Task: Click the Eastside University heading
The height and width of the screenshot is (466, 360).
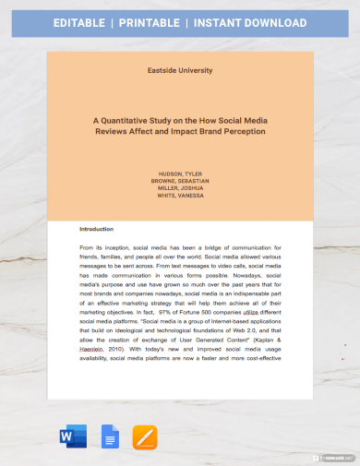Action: coord(179,70)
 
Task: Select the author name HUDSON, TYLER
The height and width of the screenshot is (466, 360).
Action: coord(179,173)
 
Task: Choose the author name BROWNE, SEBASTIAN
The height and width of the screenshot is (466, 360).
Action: coord(179,181)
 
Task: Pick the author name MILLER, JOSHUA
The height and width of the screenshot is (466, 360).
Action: coord(179,188)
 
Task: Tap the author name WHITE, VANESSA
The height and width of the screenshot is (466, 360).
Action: coord(179,196)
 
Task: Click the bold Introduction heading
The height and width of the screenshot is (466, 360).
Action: coord(97,230)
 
